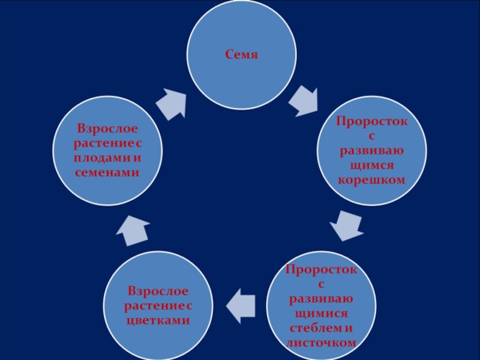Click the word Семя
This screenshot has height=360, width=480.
click(x=241, y=55)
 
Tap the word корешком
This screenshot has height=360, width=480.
click(x=371, y=180)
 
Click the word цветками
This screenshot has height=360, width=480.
click(x=158, y=321)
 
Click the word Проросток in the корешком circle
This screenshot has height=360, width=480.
click(x=371, y=122)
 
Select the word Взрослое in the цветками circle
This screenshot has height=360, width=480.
click(x=158, y=292)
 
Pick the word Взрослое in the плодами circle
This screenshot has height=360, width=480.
click(x=106, y=129)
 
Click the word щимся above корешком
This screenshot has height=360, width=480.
click(x=371, y=166)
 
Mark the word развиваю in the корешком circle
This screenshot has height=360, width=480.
click(x=371, y=151)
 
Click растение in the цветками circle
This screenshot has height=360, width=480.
click(x=153, y=307)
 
